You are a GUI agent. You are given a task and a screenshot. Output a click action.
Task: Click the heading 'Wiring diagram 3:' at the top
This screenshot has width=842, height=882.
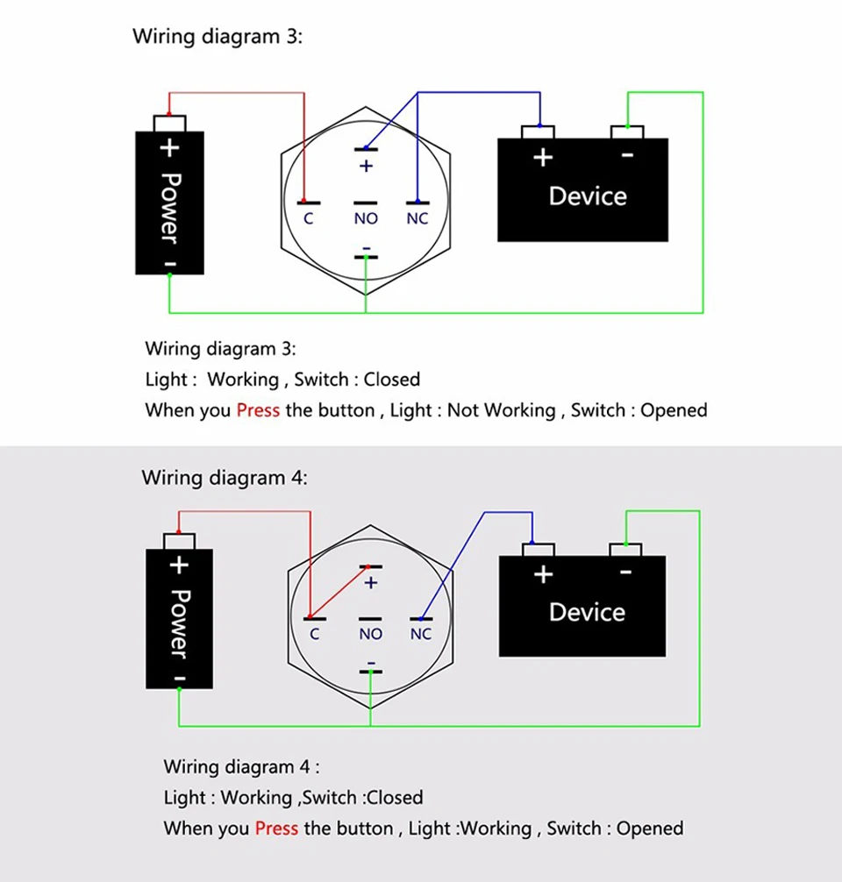point(217,37)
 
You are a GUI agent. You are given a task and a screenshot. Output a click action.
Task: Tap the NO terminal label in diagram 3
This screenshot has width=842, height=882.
point(366,218)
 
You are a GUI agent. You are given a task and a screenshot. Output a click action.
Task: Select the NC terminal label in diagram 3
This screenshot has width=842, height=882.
point(417,218)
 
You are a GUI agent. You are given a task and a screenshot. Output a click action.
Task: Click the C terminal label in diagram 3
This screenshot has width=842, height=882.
point(308,218)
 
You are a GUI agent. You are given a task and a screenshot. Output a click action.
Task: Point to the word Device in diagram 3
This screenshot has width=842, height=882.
point(588,196)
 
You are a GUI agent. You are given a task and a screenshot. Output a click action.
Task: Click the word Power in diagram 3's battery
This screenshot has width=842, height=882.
point(170,207)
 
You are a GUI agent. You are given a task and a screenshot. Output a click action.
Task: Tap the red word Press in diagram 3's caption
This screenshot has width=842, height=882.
point(258,410)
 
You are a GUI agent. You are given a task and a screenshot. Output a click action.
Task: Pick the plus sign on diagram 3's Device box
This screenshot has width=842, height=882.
point(544,158)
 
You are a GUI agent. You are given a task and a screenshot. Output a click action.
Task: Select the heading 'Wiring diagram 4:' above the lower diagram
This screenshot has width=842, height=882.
point(225,478)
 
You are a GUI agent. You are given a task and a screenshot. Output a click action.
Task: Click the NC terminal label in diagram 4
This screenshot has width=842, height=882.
point(421,634)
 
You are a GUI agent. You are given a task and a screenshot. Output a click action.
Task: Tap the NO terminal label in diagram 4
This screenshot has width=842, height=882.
point(371,634)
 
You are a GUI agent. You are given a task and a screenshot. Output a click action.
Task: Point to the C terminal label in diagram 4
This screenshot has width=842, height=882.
point(314,634)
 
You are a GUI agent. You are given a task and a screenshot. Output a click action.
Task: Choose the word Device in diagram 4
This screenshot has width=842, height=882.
point(588,612)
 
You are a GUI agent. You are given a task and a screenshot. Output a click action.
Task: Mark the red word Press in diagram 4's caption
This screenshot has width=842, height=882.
point(276,829)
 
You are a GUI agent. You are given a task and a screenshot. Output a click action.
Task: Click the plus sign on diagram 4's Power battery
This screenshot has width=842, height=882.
point(179,565)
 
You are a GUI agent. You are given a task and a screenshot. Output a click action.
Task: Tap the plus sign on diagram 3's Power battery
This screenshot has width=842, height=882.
point(170,148)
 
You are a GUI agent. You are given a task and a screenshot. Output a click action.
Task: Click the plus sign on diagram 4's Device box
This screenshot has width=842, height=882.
point(544,574)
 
